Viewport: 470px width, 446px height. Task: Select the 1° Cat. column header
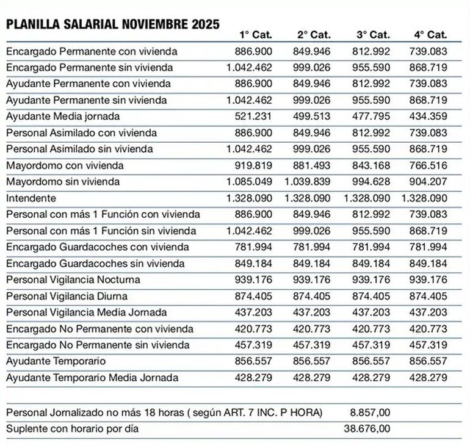(255, 35)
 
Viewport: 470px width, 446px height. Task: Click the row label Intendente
(31, 198)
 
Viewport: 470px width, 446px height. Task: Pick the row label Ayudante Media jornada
(63, 116)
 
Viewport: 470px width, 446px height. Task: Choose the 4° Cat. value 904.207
(429, 182)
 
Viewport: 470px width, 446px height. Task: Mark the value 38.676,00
(366, 429)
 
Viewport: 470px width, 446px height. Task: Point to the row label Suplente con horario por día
(72, 429)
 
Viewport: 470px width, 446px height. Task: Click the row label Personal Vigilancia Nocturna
(73, 280)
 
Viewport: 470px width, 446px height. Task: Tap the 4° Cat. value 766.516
(429, 165)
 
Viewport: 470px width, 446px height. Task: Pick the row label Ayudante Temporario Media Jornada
(92, 378)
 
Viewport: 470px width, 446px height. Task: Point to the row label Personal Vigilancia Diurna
(67, 297)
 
